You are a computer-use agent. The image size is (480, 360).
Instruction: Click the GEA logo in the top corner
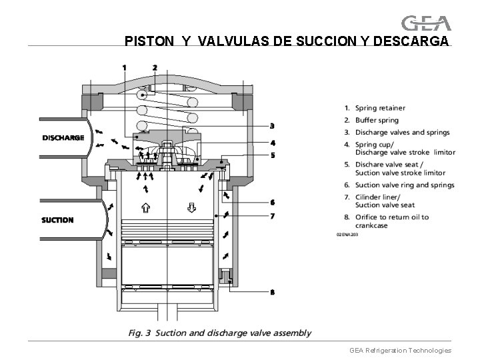[427, 23]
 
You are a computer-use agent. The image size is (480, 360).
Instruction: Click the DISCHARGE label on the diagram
[63, 138]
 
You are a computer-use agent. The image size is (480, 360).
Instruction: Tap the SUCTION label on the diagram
[57, 220]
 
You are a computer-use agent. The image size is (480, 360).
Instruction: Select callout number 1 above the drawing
[124, 67]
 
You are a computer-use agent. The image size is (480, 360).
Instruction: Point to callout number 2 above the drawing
[155, 67]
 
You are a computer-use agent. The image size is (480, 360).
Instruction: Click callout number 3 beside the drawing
[273, 125]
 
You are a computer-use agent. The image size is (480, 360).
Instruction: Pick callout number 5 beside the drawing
[273, 155]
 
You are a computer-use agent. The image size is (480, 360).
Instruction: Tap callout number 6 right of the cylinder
[273, 202]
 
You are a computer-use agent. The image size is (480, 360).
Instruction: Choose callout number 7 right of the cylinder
[273, 216]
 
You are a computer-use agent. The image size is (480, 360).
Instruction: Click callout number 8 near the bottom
[273, 292]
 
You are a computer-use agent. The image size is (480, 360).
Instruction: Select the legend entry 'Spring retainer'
[379, 108]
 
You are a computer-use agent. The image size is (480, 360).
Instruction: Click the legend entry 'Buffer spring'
[377, 121]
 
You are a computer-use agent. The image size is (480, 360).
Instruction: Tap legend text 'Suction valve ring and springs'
[405, 185]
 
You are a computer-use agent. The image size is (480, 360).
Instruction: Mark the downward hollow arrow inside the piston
[191, 205]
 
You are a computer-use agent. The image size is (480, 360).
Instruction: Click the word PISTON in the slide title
[145, 41]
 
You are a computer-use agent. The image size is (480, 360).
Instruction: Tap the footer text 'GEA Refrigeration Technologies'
[400, 350]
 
